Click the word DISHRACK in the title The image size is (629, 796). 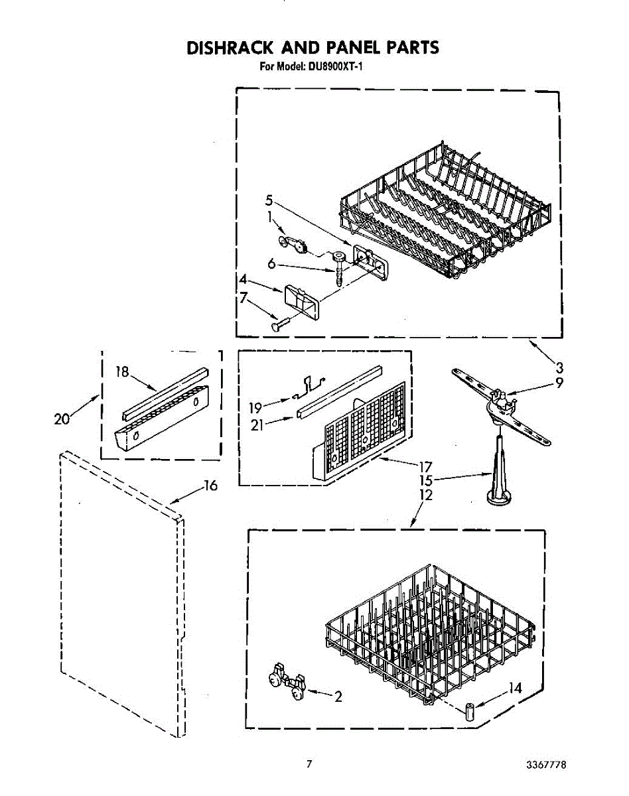[229, 48]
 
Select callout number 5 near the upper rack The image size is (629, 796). [269, 200]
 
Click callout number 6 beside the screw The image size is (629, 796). [271, 263]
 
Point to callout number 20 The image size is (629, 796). [62, 419]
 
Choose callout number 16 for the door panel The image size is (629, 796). [210, 486]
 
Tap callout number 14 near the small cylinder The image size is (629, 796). [515, 689]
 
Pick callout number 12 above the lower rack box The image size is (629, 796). [426, 495]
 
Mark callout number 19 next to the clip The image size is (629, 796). [255, 407]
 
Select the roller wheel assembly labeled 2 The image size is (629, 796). [287, 684]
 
